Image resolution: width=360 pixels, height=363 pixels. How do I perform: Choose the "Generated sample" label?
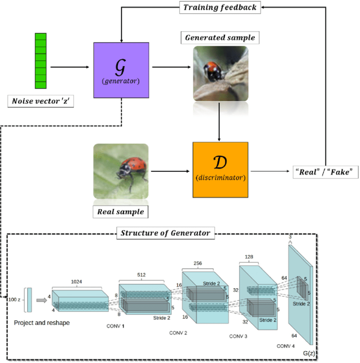click(x=220, y=38)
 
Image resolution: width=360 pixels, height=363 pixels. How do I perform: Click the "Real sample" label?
click(x=121, y=212)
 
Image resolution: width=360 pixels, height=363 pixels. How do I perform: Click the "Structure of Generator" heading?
click(x=165, y=233)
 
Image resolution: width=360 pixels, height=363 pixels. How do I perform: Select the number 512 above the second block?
click(x=141, y=275)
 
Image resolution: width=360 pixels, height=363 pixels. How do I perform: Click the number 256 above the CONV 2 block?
click(x=197, y=263)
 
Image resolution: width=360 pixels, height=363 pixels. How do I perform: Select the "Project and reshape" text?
click(x=42, y=323)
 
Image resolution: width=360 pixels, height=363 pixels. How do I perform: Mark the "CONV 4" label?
click(x=286, y=346)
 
